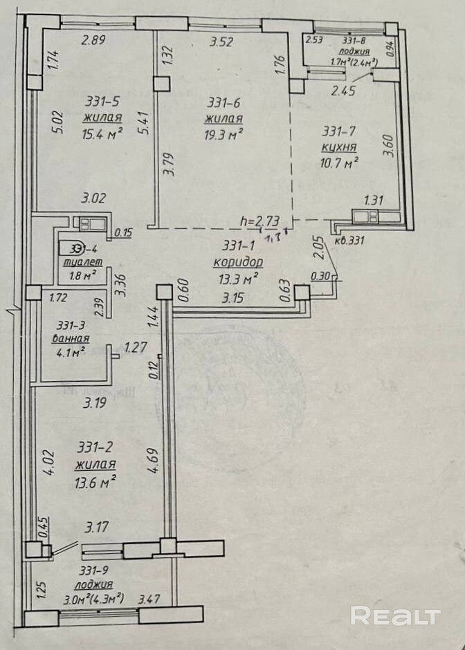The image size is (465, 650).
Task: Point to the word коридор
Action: (237, 262)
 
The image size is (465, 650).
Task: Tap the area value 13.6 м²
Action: (95, 480)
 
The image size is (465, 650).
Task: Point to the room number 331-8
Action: (352, 41)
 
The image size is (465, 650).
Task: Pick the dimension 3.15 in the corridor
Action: (235, 299)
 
